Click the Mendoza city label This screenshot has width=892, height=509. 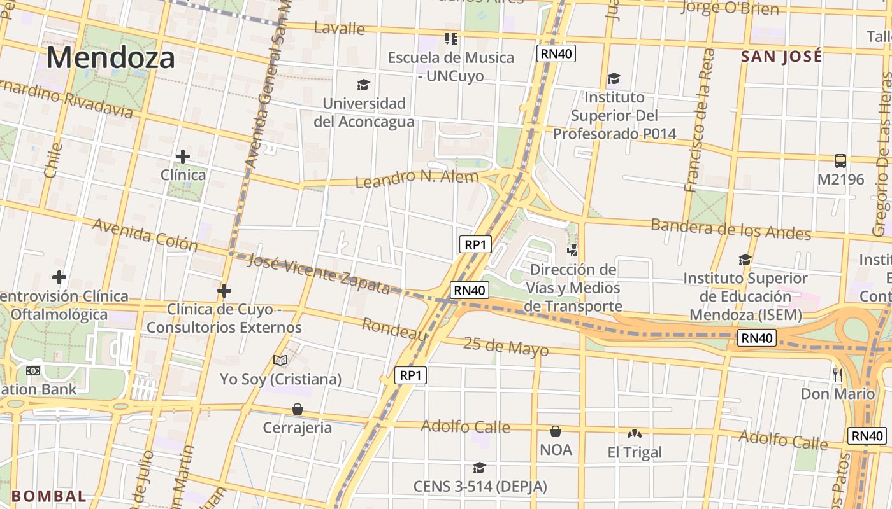[110, 58]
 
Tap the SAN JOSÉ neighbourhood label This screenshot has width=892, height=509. [781, 57]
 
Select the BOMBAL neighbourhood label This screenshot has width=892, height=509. [48, 496]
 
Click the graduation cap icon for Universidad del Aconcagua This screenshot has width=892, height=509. [363, 85]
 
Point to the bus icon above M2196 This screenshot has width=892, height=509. [840, 161]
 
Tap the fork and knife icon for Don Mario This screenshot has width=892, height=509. [838, 375]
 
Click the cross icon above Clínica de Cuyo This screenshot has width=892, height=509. [224, 291]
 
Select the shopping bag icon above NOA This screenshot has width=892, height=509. [556, 431]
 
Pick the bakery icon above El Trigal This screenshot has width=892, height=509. [634, 434]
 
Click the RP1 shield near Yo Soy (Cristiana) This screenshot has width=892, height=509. [410, 375]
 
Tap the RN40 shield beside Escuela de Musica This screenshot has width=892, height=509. [556, 53]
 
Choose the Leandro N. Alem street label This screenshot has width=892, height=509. [417, 178]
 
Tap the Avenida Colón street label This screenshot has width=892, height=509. [145, 234]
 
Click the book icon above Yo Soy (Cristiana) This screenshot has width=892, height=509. [280, 360]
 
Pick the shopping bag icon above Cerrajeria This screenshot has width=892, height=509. [297, 408]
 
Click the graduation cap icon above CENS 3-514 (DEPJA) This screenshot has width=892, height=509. [480, 468]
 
